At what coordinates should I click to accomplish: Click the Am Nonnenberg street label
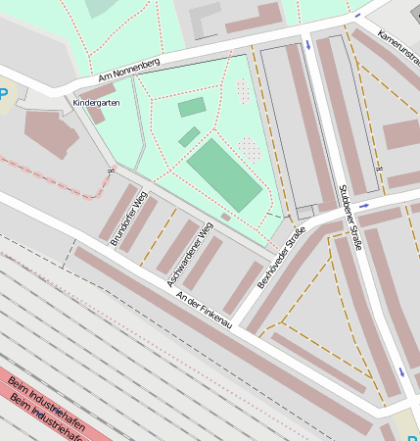(128, 70)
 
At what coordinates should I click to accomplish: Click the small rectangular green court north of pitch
(192, 107)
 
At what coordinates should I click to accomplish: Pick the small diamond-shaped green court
(189, 137)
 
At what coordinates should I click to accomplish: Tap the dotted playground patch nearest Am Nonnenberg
(242, 91)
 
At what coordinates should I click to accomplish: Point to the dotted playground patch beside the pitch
(251, 150)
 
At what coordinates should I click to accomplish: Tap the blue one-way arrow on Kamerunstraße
(358, 16)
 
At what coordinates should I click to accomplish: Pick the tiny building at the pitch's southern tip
(226, 217)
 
